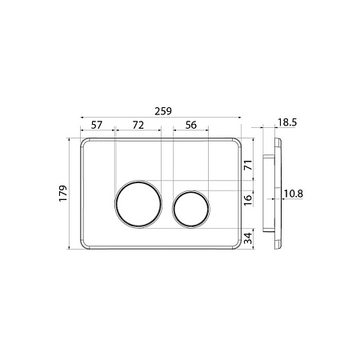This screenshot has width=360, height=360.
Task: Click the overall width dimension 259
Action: coord(163,111)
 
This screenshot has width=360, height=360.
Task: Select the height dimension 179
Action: coord(63,194)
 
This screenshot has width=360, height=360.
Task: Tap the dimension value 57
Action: coord(97,125)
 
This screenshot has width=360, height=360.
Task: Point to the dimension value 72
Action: coord(138,125)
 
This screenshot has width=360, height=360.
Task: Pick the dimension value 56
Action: coord(191,125)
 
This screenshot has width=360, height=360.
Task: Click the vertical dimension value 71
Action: coord(248,166)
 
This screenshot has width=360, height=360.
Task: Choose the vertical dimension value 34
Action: coord(248,238)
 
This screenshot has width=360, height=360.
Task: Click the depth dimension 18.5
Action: coord(287,122)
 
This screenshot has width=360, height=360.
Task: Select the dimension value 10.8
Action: coord(294,194)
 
